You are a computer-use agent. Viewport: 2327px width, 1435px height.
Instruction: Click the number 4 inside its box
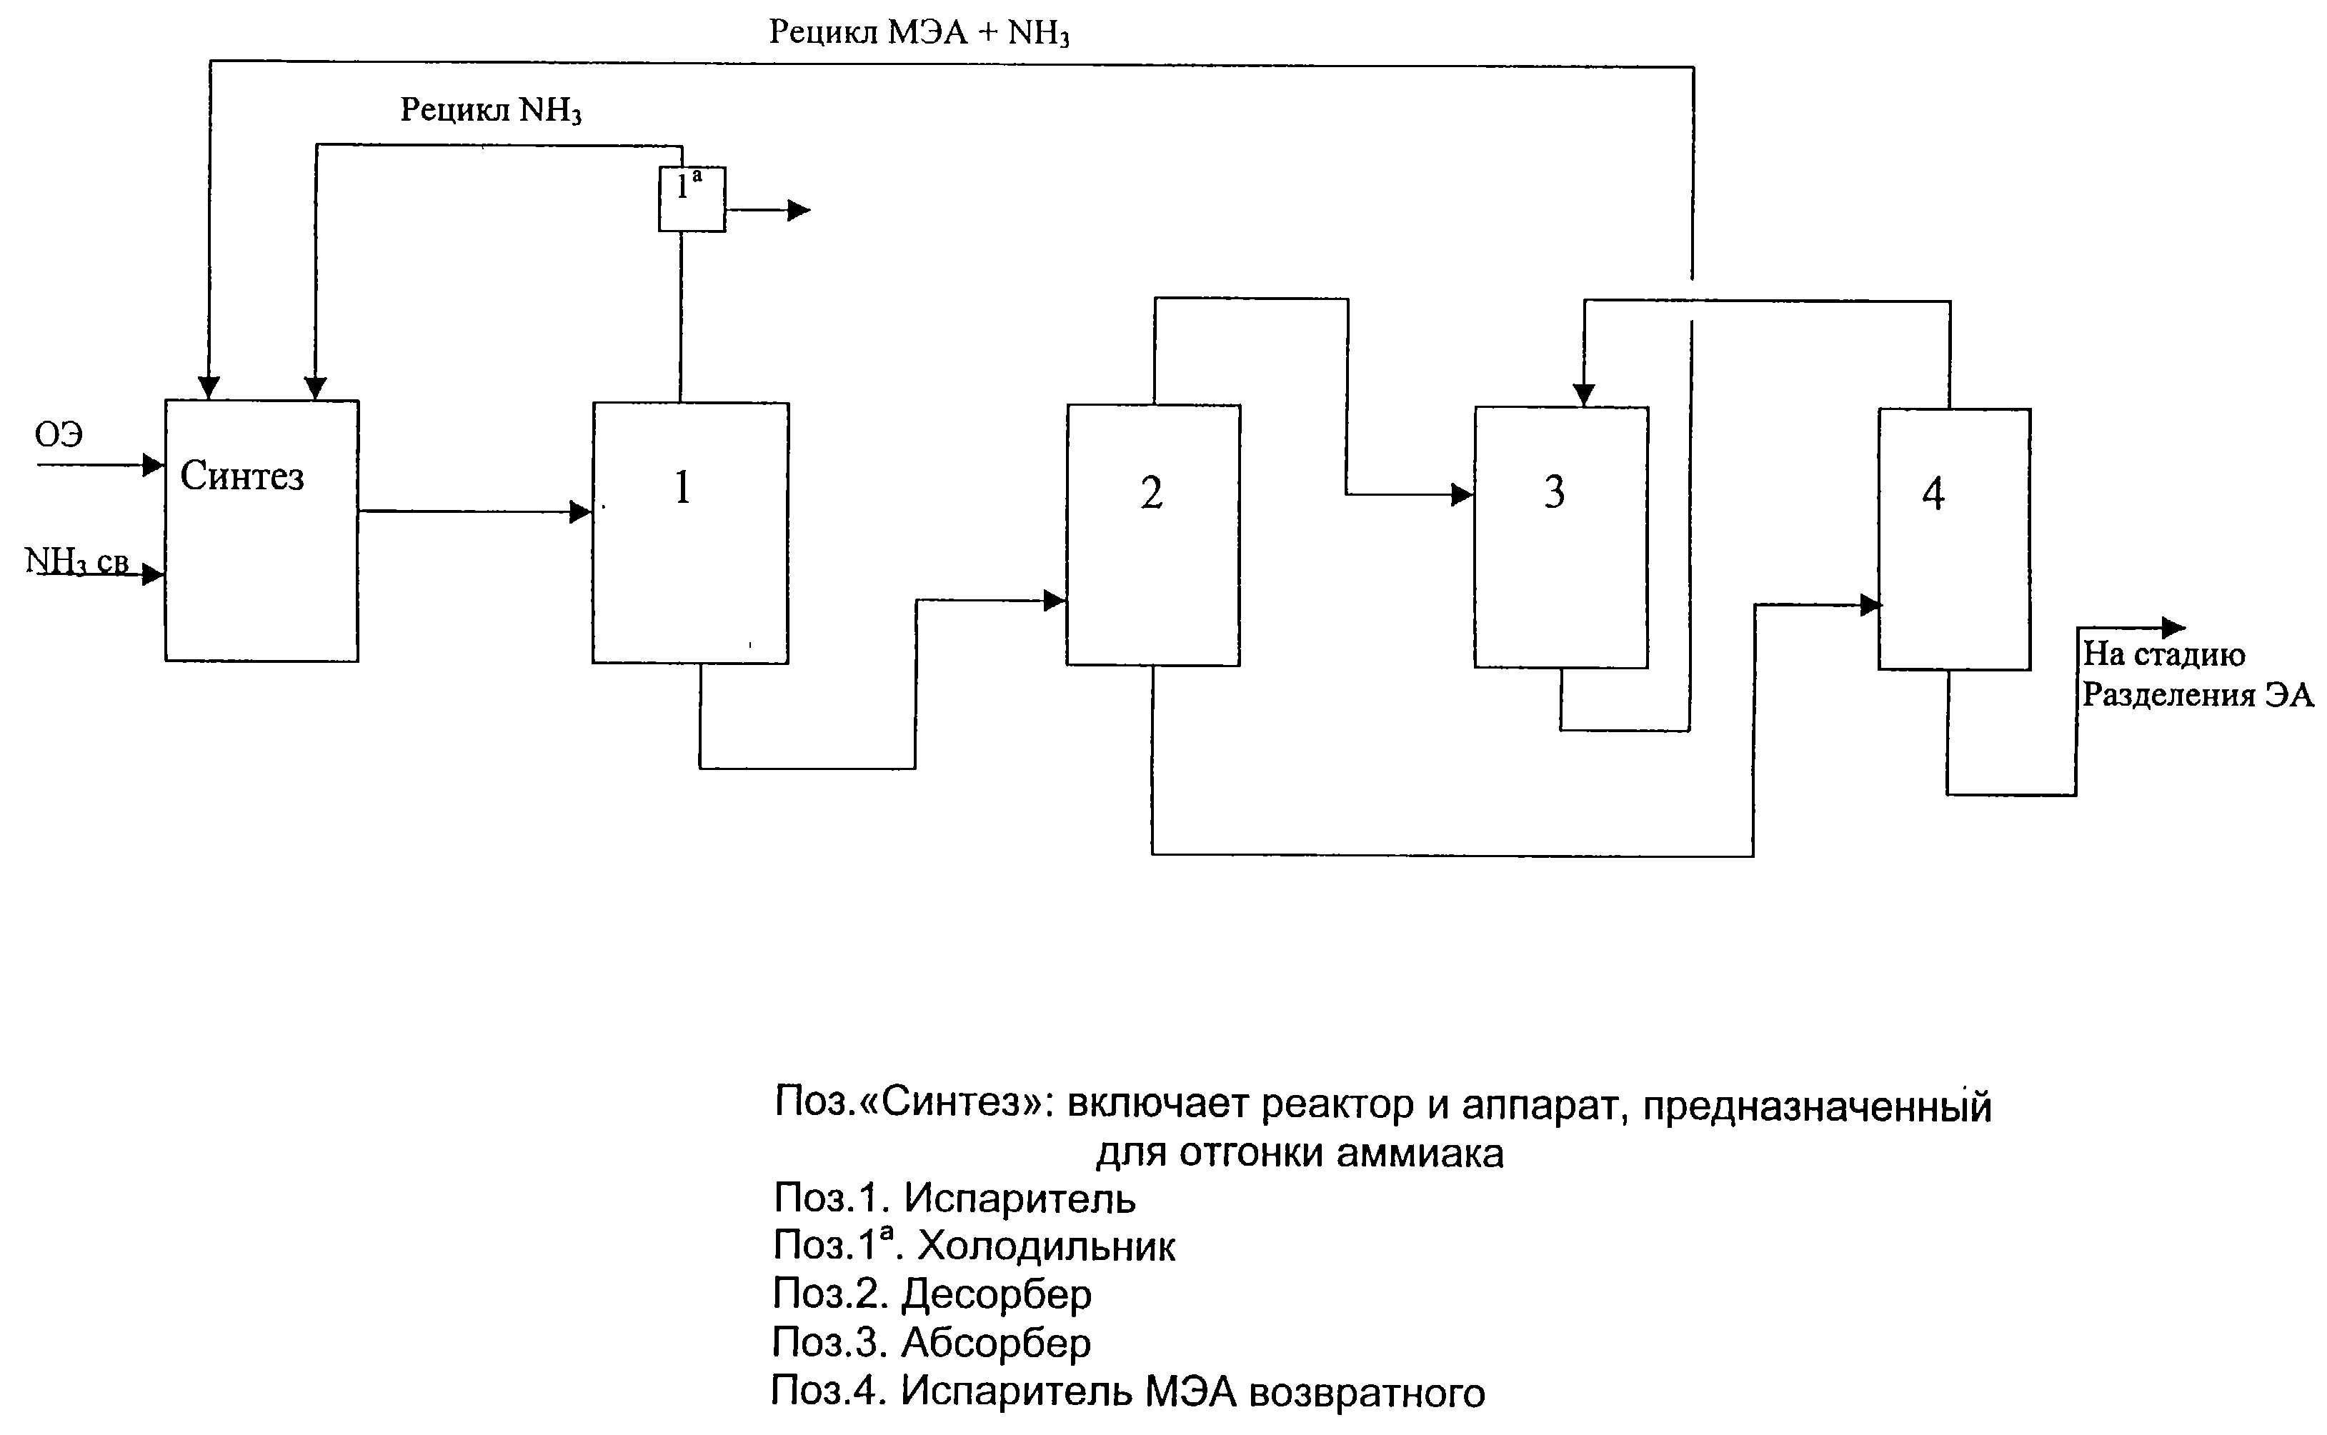tap(1933, 494)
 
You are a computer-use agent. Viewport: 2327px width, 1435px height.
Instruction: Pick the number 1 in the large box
tap(682, 487)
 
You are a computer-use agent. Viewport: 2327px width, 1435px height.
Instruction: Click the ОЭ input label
tap(59, 435)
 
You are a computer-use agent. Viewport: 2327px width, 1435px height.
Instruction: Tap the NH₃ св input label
tap(76, 562)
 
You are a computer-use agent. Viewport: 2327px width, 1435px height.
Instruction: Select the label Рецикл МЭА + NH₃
tap(919, 34)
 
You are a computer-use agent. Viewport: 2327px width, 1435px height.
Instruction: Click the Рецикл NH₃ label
tap(491, 110)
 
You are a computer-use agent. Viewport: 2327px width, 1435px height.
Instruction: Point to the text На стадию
tap(2164, 654)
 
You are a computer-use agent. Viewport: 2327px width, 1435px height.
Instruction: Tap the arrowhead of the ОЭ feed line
tap(154, 465)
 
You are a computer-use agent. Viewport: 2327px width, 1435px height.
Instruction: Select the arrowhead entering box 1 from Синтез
tap(581, 513)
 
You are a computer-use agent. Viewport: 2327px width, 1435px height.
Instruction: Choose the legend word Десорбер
tap(997, 1294)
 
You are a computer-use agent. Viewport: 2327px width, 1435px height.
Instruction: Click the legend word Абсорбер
tap(997, 1342)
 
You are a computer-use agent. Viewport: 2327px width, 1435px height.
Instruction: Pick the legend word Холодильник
tap(1047, 1246)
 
